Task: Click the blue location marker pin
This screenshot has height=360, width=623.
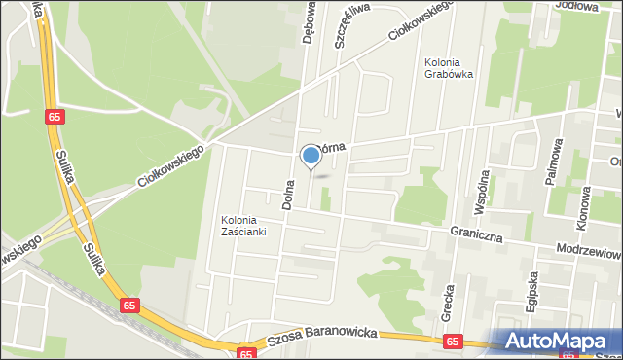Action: [x=311, y=156]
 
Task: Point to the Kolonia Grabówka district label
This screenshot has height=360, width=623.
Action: [x=449, y=70]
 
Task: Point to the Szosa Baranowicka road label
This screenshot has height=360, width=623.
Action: [x=322, y=340]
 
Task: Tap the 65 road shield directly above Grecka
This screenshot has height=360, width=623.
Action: [x=452, y=342]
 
